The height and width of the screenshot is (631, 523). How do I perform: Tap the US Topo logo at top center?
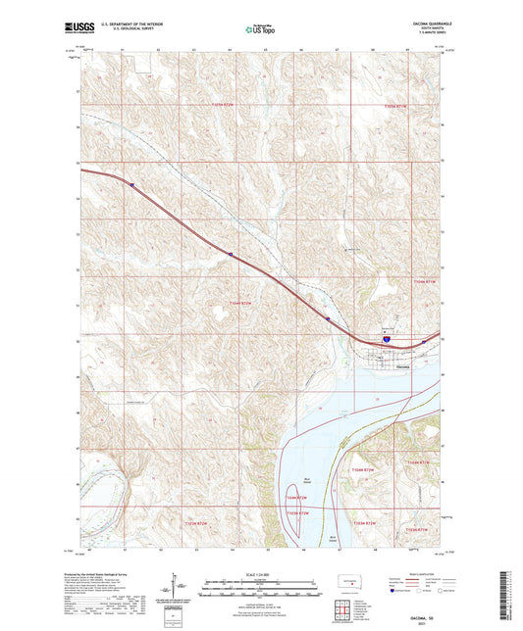pyautogui.click(x=261, y=29)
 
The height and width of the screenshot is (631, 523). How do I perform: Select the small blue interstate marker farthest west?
pyautogui.click(x=131, y=182)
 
